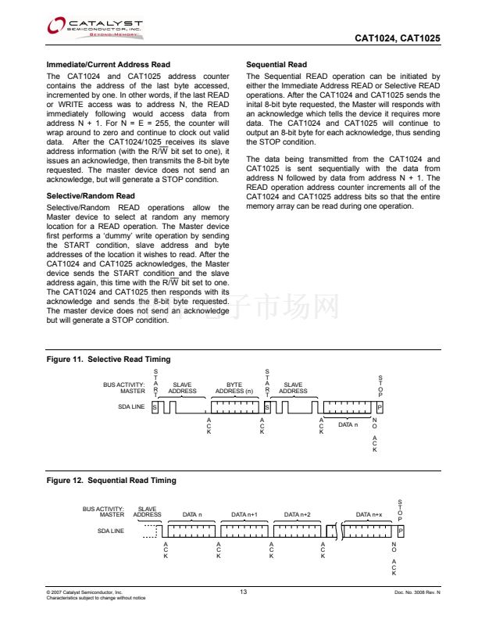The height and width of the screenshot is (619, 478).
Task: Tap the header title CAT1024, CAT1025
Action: pos(398,38)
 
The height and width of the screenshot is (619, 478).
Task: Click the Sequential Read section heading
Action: pos(276,64)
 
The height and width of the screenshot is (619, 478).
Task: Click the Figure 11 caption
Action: pos(109,359)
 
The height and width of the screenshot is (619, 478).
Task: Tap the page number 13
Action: pos(244,592)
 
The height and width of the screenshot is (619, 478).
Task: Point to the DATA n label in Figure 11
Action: pos(348,424)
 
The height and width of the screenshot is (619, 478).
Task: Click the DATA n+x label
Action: pos(369,515)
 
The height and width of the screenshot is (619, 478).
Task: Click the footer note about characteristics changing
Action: pos(96,598)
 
